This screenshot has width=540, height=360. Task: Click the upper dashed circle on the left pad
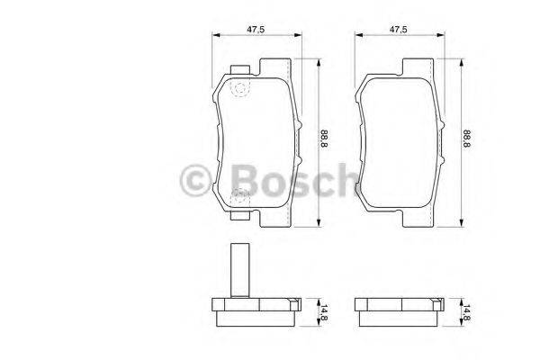240,87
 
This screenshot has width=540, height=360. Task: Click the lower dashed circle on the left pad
240,196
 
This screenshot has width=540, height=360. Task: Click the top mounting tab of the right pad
419,67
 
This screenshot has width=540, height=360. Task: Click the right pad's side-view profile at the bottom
397,312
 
